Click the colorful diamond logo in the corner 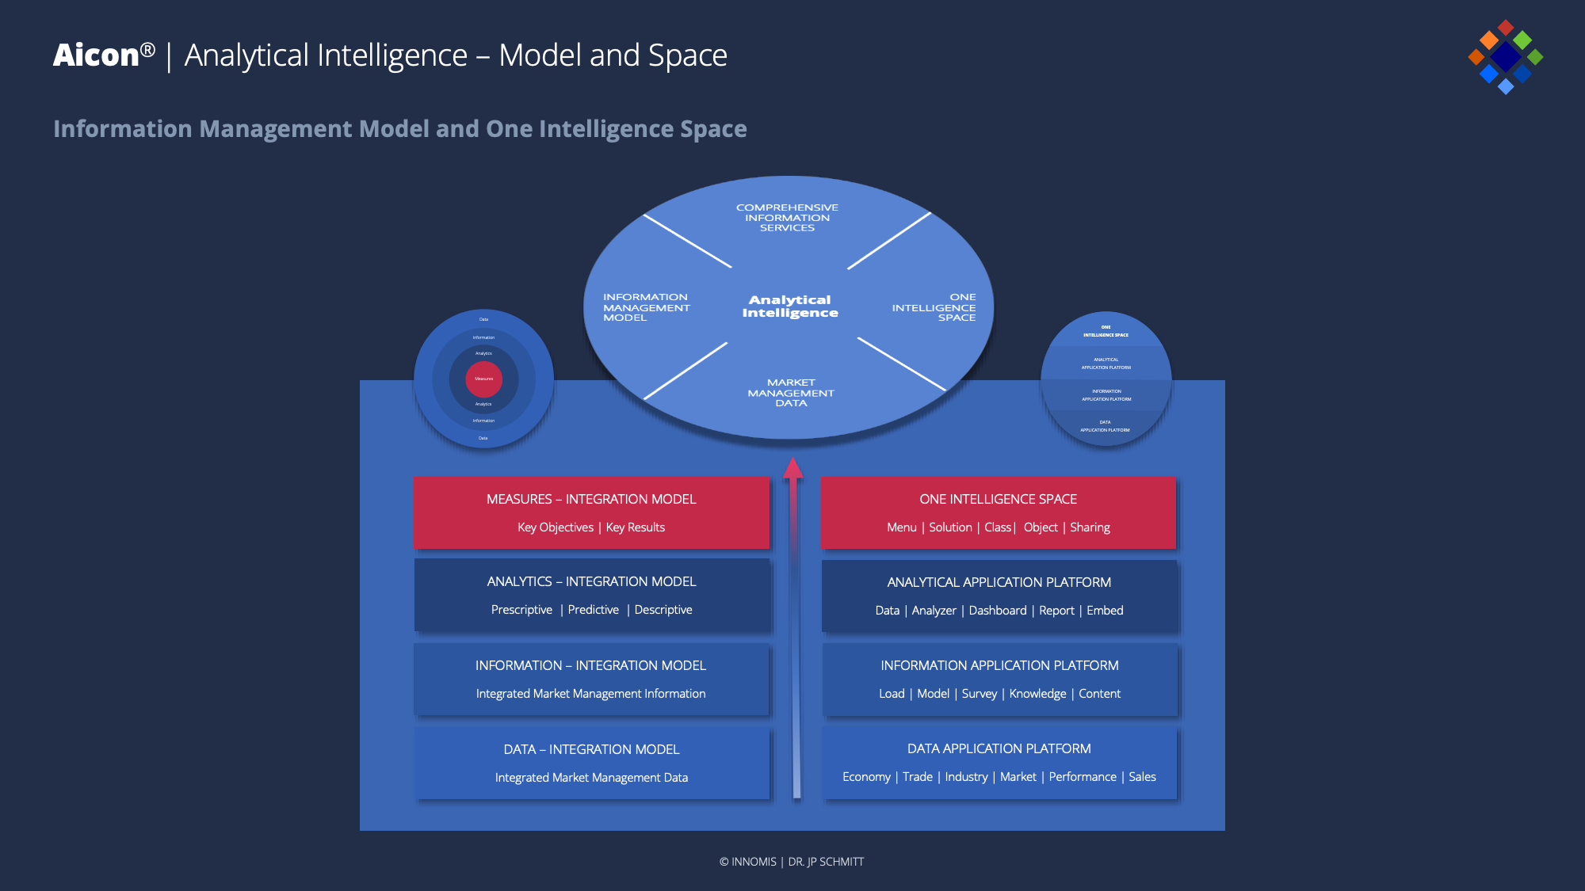click(x=1505, y=56)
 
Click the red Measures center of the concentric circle click(x=483, y=379)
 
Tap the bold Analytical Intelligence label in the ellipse click(x=790, y=307)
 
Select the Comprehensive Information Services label click(x=787, y=218)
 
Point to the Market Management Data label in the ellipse click(x=791, y=393)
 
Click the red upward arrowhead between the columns click(x=793, y=468)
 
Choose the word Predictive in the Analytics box click(x=593, y=610)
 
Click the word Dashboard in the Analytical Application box click(x=997, y=611)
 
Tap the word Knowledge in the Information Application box click(x=1037, y=694)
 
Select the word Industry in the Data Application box click(x=966, y=777)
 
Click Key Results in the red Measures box click(x=635, y=527)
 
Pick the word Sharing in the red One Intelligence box click(x=1090, y=527)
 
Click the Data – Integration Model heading click(x=591, y=749)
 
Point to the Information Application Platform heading click(x=999, y=665)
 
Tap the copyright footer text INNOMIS click(x=753, y=862)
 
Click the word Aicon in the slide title click(x=96, y=55)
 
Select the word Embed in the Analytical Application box click(x=1105, y=611)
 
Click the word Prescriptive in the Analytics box click(x=521, y=610)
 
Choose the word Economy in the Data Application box click(x=866, y=777)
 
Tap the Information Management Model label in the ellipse click(x=646, y=307)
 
